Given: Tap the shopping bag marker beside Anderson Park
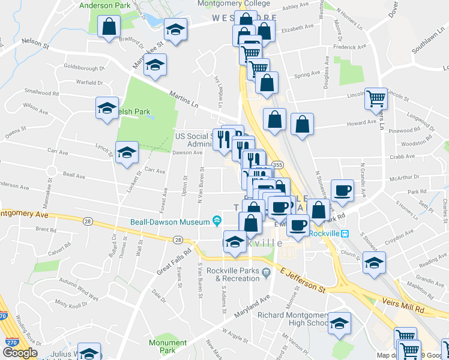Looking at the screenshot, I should point(109,27).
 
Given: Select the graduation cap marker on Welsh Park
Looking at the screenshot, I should point(107,109).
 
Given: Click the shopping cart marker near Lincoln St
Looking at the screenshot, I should point(377,98).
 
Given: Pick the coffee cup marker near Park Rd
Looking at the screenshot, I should point(342,190).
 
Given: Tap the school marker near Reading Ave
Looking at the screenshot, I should point(375,263).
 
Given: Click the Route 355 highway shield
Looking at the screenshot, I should point(277,164).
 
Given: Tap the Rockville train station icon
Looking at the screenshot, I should point(344,233).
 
